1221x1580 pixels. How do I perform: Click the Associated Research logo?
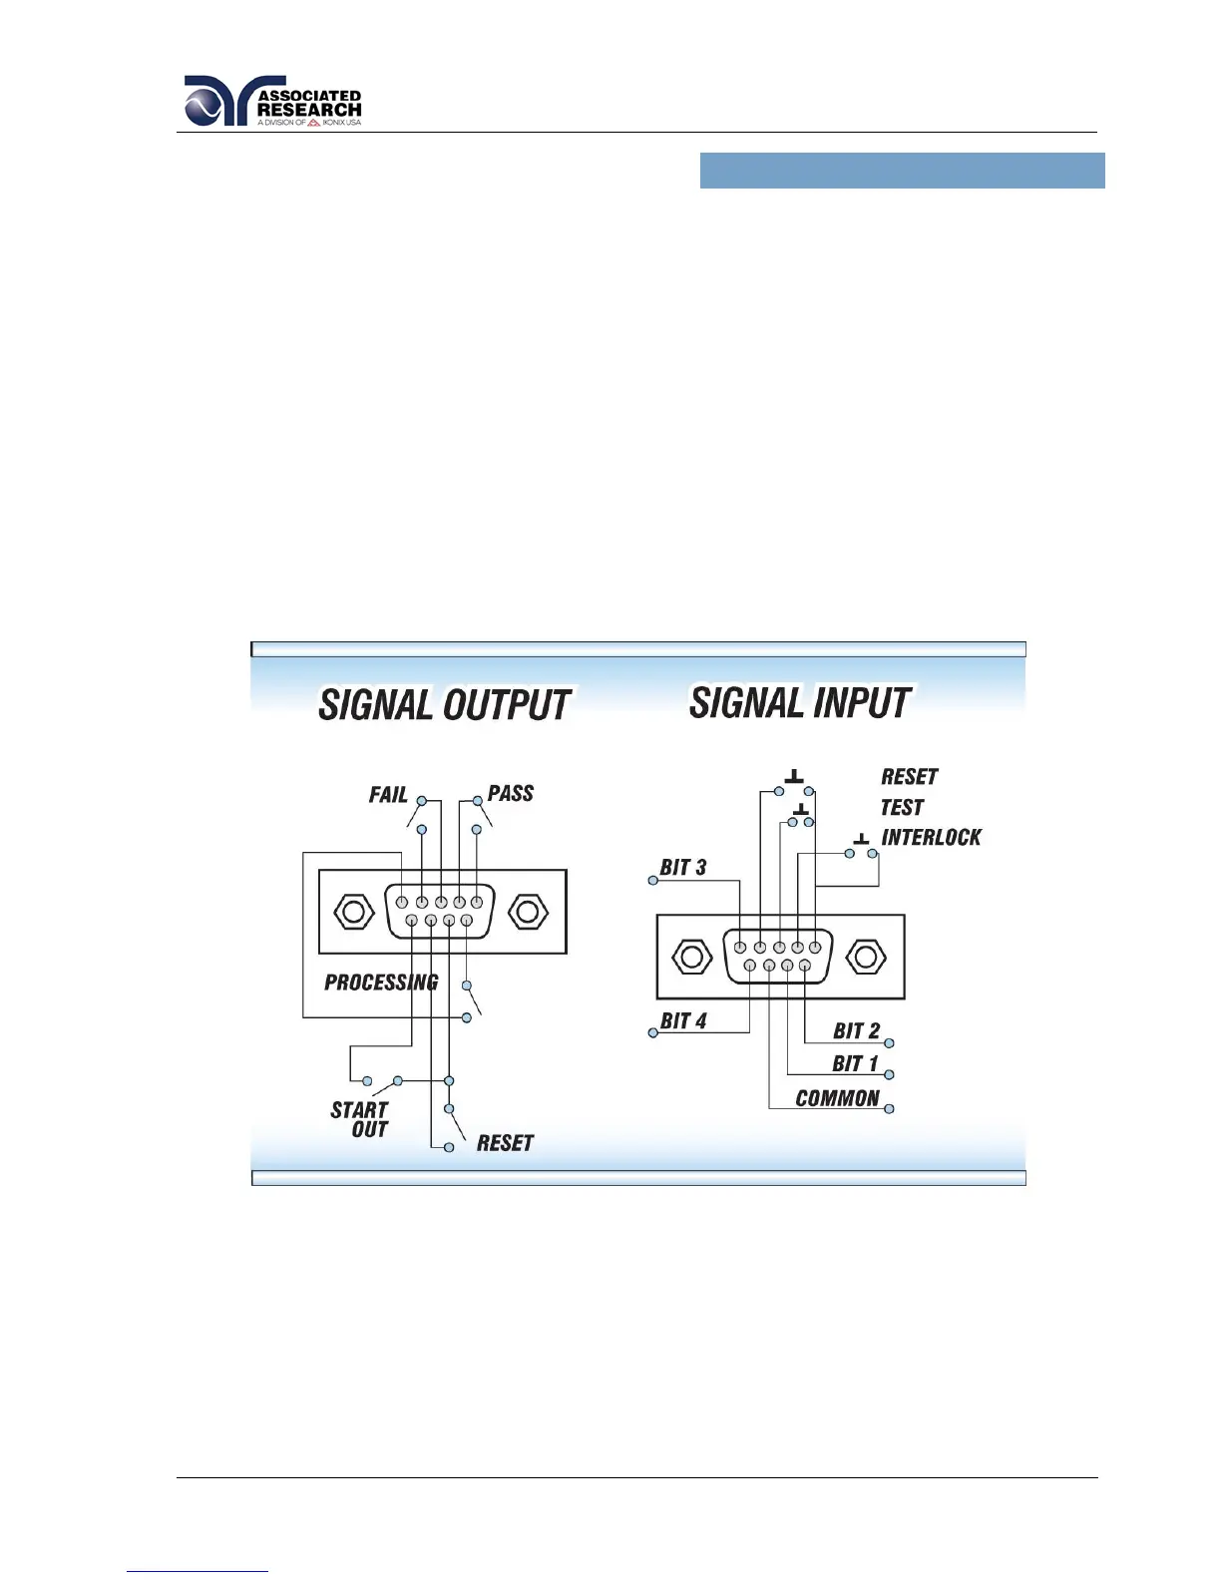272,102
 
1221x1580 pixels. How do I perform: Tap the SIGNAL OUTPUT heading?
444,705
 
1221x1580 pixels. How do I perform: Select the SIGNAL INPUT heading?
800,703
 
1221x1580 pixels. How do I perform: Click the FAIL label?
388,795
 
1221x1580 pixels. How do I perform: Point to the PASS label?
511,794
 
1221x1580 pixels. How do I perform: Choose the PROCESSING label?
381,983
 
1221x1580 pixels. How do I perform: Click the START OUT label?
360,1119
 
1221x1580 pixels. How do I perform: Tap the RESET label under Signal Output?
505,1143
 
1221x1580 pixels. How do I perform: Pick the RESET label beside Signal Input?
909,777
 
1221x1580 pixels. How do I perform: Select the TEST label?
902,807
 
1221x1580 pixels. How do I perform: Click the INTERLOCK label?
931,838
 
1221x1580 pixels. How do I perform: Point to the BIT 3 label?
683,868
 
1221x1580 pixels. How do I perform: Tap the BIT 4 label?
683,1021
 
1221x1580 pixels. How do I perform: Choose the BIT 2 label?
856,1031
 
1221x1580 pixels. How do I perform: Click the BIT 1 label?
855,1064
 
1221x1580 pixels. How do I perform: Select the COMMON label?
837,1098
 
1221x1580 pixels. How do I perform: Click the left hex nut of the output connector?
353,912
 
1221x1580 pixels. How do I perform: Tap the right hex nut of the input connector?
865,957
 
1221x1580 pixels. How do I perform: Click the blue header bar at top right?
902,171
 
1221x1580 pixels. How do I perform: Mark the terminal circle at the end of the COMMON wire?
889,1109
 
